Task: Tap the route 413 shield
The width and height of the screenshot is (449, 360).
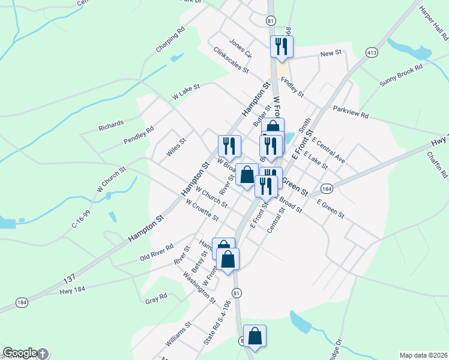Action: [373, 52]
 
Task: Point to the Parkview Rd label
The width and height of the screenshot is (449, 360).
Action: [351, 112]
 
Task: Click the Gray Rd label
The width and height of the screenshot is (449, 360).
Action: [156, 298]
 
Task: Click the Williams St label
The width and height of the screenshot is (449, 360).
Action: [178, 334]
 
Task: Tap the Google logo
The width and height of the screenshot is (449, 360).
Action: [19, 353]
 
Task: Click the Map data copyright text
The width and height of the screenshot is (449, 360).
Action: [423, 355]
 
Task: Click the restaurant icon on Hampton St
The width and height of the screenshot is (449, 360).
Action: [229, 145]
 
